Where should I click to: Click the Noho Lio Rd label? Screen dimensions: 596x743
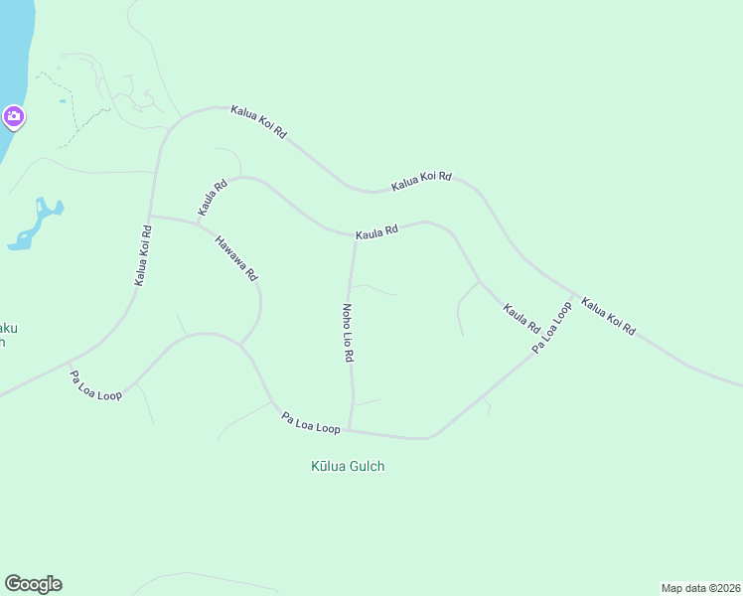point(349,332)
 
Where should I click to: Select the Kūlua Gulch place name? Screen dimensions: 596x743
point(348,466)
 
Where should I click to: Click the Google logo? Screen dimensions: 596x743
point(33,584)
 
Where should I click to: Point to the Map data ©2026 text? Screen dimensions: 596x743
point(700,587)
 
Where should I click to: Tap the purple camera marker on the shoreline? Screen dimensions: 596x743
point(13,118)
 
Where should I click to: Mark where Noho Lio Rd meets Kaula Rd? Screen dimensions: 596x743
point(355,237)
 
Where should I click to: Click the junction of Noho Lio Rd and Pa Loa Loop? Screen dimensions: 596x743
point(349,430)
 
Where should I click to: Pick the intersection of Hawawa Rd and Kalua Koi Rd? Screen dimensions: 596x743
point(149,216)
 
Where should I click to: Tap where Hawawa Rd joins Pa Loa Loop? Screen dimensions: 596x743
point(240,345)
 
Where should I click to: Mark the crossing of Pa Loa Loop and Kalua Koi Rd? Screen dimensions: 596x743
point(574,295)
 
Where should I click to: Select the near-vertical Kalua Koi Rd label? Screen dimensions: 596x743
point(143,256)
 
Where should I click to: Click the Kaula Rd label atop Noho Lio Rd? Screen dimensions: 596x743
point(377,230)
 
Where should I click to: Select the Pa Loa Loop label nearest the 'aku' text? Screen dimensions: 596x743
point(95,386)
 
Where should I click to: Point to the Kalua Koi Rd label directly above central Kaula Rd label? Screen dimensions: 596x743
point(421,180)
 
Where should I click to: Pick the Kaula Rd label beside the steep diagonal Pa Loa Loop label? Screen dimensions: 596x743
point(520,319)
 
